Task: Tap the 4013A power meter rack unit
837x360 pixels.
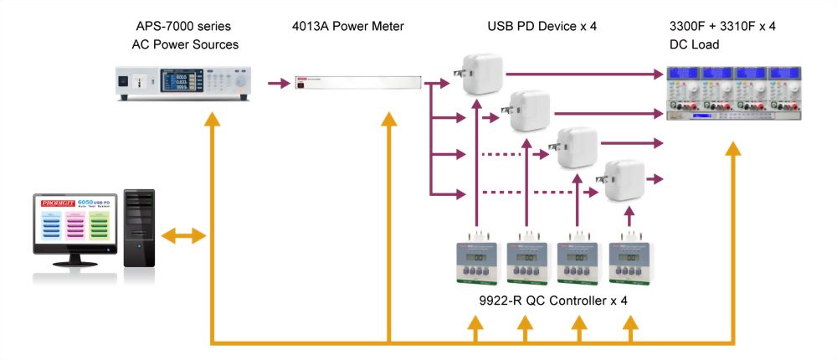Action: coord(355,84)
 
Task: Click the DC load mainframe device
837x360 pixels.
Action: coord(732,92)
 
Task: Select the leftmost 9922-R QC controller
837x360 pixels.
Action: coord(477,265)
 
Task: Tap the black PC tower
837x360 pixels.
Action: coord(139,228)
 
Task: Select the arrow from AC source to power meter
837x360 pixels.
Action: coord(279,84)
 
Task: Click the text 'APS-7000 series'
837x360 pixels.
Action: coord(181,27)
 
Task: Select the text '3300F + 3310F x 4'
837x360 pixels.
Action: coord(721,27)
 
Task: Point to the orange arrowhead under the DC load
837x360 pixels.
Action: coord(734,150)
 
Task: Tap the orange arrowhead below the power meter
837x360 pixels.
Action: coord(389,120)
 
